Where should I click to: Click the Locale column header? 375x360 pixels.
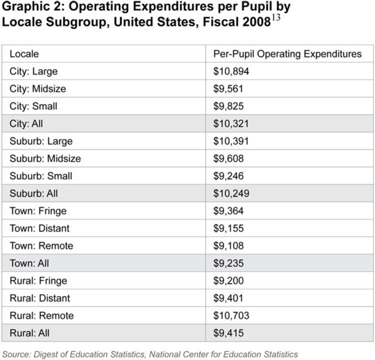24,54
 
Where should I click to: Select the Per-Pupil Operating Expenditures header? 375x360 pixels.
287,54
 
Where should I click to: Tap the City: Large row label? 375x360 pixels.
33,71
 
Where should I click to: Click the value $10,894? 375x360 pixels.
231,71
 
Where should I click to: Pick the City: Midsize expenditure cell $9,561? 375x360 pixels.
228,88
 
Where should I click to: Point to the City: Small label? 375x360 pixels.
33,106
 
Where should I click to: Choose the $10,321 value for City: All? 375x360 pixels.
231,123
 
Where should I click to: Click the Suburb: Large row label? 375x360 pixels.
41,141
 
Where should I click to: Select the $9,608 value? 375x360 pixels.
228,158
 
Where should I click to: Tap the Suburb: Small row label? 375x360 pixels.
40,176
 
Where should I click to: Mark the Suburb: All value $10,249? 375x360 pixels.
231,193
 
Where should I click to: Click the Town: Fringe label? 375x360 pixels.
38,211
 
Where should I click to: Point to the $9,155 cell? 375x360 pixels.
228,228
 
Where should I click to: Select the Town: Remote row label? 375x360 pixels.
41,246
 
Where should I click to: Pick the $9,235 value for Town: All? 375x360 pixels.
228,263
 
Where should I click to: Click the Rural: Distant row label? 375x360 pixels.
39,298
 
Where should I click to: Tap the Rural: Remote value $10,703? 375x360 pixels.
231,315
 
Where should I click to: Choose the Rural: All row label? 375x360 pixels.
29,333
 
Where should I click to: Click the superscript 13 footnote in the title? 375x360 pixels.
275,17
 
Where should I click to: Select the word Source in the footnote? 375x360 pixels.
16,354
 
